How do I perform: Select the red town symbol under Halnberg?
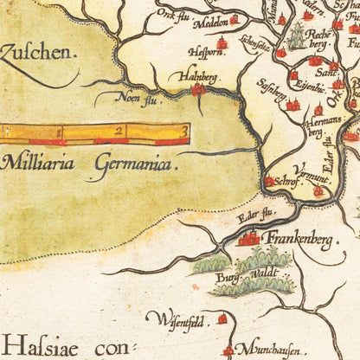pyautogui.click(x=198, y=88)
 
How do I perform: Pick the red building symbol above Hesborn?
pyautogui.click(x=222, y=42)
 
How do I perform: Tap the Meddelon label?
pyautogui.click(x=209, y=20)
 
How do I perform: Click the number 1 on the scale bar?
pyautogui.click(x=59, y=132)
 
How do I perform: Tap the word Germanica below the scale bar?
pyautogui.click(x=126, y=163)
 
